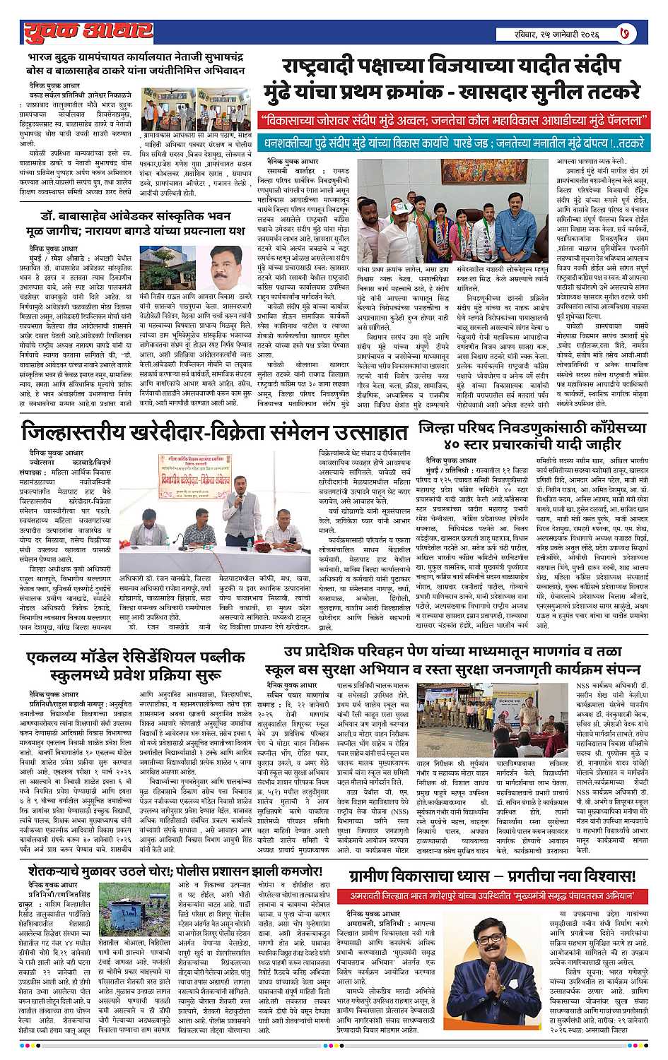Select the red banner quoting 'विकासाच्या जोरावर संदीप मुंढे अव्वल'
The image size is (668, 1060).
454,120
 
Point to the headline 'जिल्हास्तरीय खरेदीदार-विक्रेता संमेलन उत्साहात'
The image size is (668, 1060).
215,431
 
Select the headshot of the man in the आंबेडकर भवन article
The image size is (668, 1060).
229,267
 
